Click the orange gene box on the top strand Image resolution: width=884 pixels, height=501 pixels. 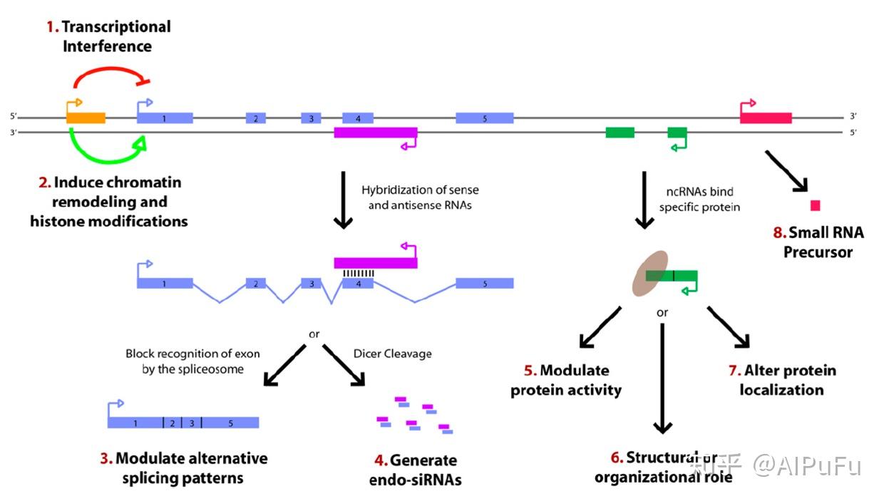tap(86, 118)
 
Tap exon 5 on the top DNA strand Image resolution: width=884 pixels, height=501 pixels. tap(484, 118)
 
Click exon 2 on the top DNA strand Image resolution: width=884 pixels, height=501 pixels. tap(255, 118)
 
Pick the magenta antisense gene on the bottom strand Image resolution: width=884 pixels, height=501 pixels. tap(375, 133)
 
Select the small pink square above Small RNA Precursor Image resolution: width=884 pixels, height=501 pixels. tap(815, 206)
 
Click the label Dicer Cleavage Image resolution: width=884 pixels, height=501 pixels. tap(392, 353)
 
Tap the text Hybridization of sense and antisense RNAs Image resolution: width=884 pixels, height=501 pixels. tap(420, 197)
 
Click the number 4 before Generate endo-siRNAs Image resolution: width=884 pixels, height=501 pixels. tap(374, 460)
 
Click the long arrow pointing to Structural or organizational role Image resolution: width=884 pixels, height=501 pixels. tap(662, 378)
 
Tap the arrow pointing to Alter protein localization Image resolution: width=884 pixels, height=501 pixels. tap(729, 327)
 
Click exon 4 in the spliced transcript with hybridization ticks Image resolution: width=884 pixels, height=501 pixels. tap(357, 283)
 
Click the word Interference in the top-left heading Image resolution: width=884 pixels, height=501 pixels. tap(107, 46)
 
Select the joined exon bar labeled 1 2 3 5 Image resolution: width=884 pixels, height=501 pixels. tap(183, 423)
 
